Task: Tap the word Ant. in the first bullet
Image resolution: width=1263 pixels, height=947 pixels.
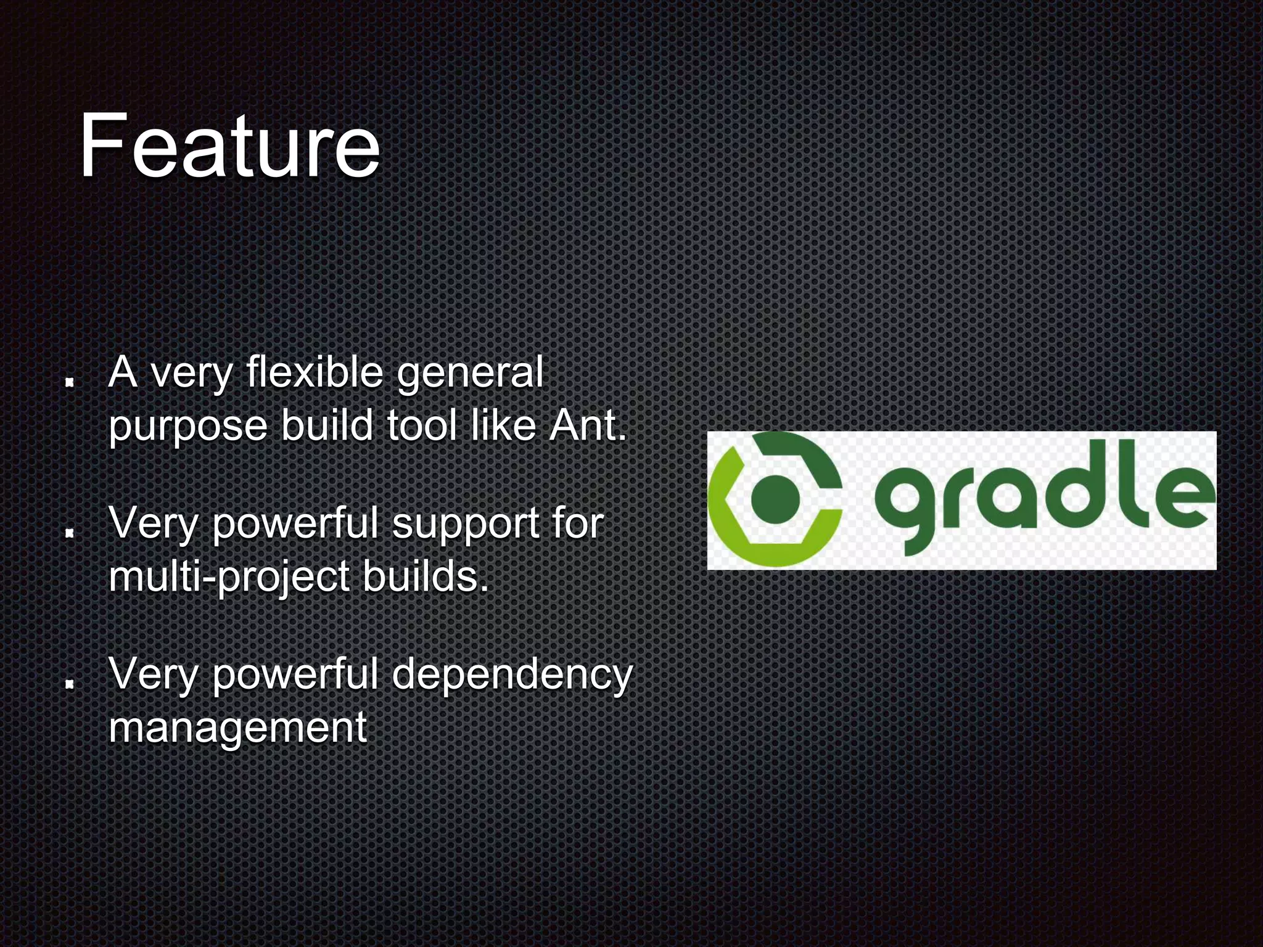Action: (588, 425)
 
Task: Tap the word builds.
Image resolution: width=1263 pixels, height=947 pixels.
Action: (426, 576)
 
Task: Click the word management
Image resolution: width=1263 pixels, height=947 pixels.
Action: (237, 728)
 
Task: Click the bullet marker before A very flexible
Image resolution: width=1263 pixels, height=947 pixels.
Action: (70, 382)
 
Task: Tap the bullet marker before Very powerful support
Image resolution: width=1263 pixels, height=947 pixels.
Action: (70, 532)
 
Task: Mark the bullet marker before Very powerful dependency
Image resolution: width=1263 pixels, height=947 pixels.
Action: (70, 683)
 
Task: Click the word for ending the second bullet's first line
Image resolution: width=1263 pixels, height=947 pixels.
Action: (577, 523)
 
